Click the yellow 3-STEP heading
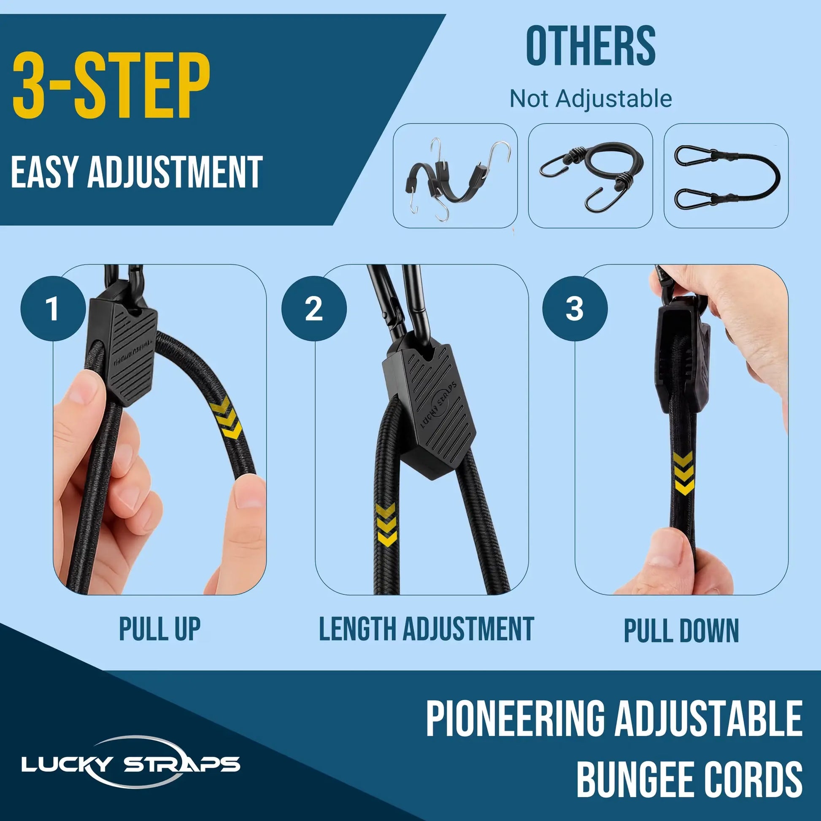point(111,86)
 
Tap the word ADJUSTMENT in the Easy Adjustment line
point(175,172)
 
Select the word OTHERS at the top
point(591,46)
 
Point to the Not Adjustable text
point(591,99)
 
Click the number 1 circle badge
point(53,308)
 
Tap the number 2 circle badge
point(314,308)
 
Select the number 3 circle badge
point(575,308)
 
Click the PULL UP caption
point(159,629)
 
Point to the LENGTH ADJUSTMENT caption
point(426,629)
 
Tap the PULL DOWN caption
point(681,631)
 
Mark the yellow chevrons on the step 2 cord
point(386,525)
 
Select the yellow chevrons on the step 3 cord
point(684,473)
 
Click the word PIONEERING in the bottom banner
point(515,718)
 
